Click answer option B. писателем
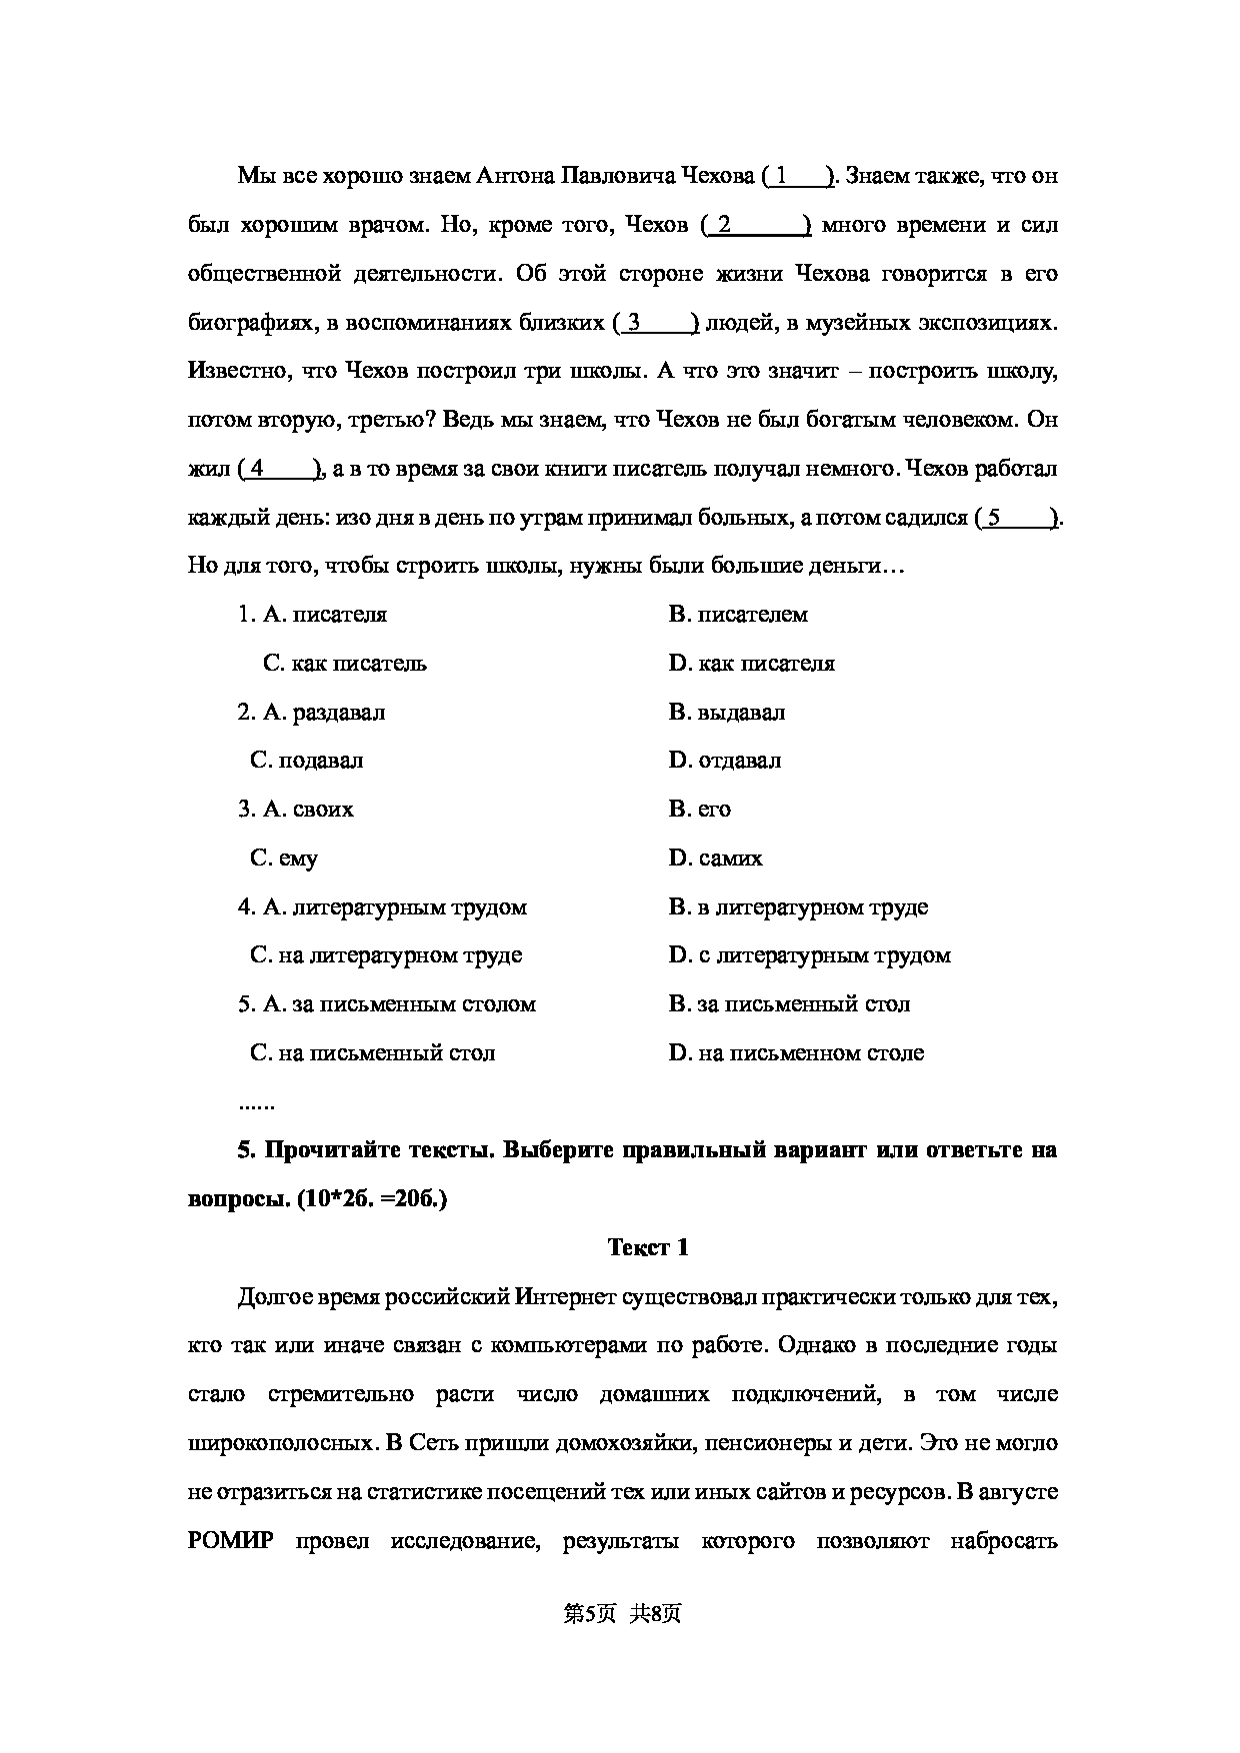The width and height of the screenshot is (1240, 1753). [738, 615]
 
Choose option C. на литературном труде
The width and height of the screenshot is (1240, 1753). [386, 955]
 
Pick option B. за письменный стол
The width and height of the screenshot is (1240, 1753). [789, 1004]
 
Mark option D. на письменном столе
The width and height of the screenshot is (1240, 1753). [796, 1053]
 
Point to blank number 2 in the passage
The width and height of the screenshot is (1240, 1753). [757, 226]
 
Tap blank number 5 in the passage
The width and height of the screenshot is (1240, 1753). [1019, 519]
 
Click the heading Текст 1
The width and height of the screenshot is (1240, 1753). [648, 1247]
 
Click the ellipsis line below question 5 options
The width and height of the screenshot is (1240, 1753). [256, 1104]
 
